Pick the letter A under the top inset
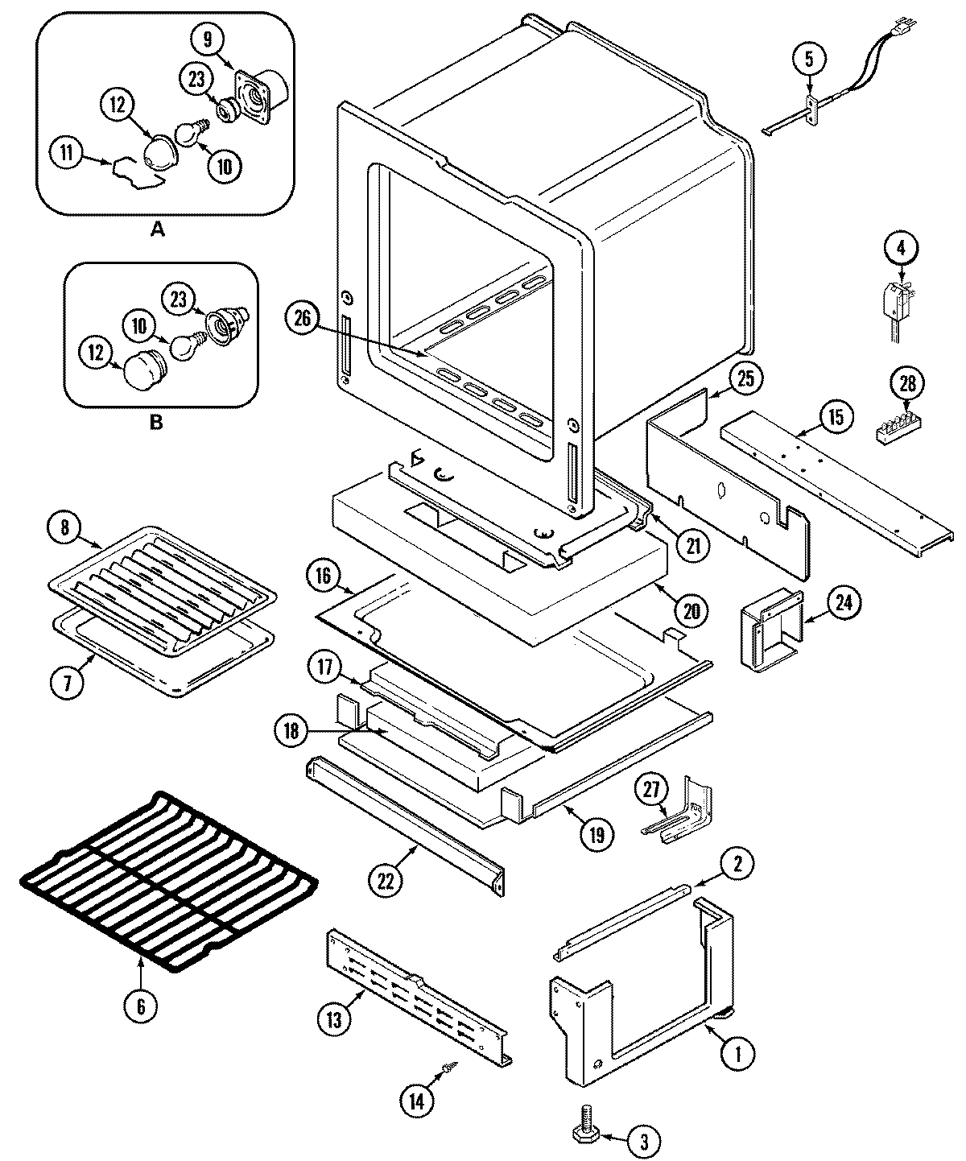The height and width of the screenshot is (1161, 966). (157, 229)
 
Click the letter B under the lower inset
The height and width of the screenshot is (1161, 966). (155, 422)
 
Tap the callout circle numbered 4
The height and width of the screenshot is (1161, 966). (901, 249)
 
